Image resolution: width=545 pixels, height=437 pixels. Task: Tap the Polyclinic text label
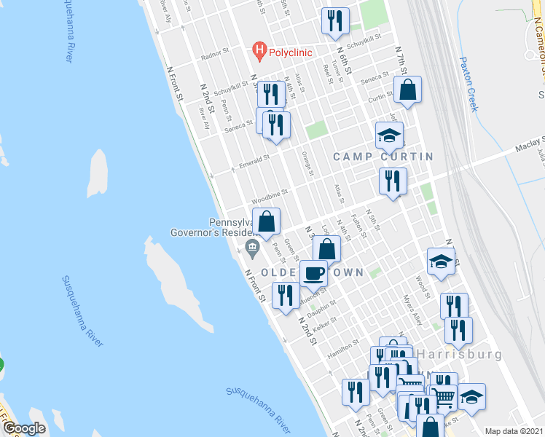[290, 52]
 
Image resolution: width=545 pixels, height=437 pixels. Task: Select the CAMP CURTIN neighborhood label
[383, 157]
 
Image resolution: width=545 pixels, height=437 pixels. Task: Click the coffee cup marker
[314, 274]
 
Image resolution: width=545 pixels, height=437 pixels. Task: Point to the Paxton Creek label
[468, 84]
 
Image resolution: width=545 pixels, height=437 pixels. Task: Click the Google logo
[24, 428]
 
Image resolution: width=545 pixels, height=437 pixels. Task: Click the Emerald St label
[255, 161]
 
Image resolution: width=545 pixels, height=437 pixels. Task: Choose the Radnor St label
[215, 54]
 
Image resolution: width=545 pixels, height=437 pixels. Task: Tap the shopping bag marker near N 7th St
[408, 90]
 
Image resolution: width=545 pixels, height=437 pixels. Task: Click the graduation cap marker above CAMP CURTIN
[390, 135]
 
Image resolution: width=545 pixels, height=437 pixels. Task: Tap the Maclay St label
[530, 146]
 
